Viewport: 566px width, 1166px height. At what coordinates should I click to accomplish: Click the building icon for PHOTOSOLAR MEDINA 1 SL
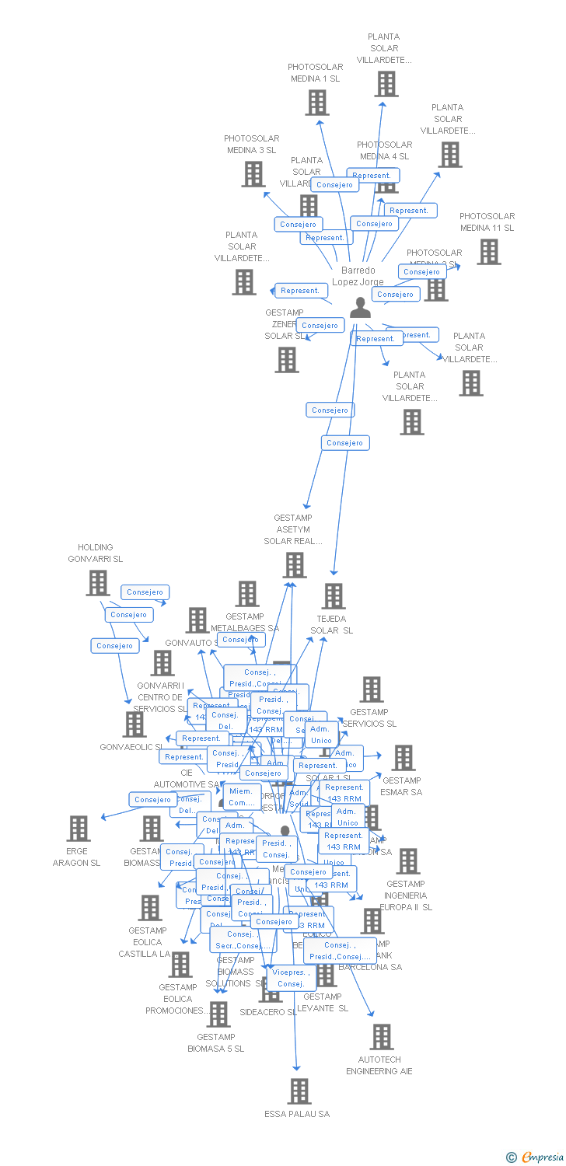[316, 103]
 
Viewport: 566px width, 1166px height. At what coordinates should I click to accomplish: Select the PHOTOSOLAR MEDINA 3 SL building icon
[253, 174]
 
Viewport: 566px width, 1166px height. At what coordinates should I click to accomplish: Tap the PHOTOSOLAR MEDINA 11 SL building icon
[488, 252]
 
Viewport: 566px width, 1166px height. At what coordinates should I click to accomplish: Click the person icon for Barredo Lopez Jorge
[359, 308]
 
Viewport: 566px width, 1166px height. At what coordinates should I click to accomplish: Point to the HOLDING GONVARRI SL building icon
[97, 582]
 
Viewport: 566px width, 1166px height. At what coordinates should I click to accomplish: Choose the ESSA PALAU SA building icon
[299, 1091]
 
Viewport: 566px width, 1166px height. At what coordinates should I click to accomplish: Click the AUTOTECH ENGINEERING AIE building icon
[381, 1037]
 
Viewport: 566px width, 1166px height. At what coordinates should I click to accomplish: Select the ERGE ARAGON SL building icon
[78, 829]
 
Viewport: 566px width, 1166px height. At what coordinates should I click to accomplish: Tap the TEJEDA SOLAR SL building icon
[333, 596]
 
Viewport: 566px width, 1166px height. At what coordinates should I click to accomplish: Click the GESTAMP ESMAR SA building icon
[403, 758]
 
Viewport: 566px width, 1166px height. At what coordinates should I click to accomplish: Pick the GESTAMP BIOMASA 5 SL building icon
[218, 1014]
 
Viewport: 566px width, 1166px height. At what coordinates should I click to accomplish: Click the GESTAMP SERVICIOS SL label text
[369, 717]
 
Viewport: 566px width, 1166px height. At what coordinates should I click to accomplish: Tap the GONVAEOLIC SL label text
[131, 747]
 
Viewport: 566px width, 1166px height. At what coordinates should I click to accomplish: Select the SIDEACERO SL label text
[267, 1012]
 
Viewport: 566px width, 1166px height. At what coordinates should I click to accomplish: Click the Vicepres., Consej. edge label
[291, 978]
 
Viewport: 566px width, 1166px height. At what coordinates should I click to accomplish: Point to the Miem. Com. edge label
[242, 797]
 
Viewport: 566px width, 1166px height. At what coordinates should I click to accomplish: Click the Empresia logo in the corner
[536, 1157]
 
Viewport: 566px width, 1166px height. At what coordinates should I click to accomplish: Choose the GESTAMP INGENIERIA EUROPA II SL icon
[407, 861]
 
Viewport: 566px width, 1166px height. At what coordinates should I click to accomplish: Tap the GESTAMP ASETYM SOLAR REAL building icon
[295, 565]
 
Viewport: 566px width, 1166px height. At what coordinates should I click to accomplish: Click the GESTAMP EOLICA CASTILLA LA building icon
[149, 907]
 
